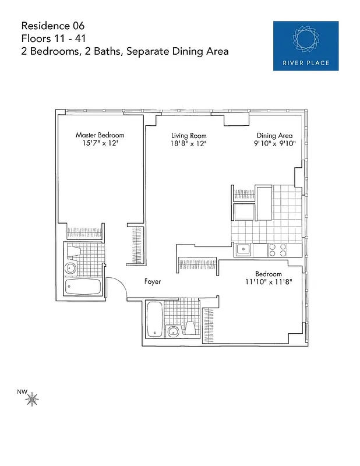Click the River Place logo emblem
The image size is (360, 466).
point(305,39)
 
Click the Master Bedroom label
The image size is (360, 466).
point(100,135)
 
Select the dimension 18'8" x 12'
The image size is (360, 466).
point(188,143)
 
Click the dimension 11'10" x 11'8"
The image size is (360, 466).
point(268,282)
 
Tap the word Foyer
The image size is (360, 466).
point(153,282)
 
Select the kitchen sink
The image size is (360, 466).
point(242,250)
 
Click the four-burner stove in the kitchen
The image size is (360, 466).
point(278,250)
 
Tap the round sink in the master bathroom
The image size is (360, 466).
point(70,269)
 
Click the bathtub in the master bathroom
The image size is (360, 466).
point(83,287)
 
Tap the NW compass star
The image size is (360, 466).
point(33,399)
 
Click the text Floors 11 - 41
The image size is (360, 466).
point(51,38)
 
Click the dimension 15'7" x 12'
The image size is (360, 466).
point(100,143)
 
